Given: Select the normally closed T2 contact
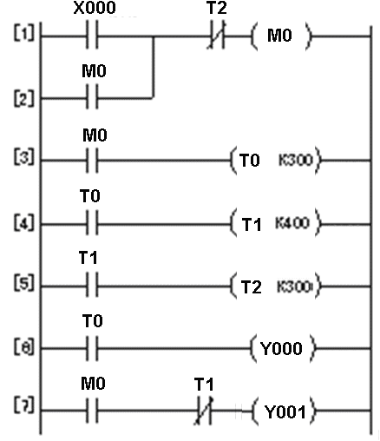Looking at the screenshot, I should click(215, 38).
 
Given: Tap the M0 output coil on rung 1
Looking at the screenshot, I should click(279, 38).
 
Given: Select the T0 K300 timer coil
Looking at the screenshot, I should click(276, 161).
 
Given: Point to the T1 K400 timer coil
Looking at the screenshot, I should click(276, 223).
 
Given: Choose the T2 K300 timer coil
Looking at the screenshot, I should click(276, 285).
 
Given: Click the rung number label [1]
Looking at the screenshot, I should click(23, 38).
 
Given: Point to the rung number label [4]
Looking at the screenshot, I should click(23, 223).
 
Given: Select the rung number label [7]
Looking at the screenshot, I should click(23, 409).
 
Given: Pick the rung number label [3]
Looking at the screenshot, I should click(23, 161).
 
